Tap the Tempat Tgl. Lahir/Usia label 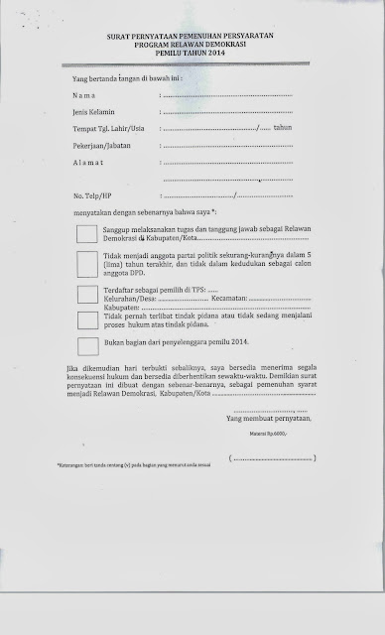tap(110, 130)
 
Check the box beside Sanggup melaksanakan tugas tap(87, 234)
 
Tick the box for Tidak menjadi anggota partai tap(87, 260)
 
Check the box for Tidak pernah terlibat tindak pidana tap(87, 318)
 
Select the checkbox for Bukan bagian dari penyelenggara tap(87, 344)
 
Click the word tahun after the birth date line tap(285, 130)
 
